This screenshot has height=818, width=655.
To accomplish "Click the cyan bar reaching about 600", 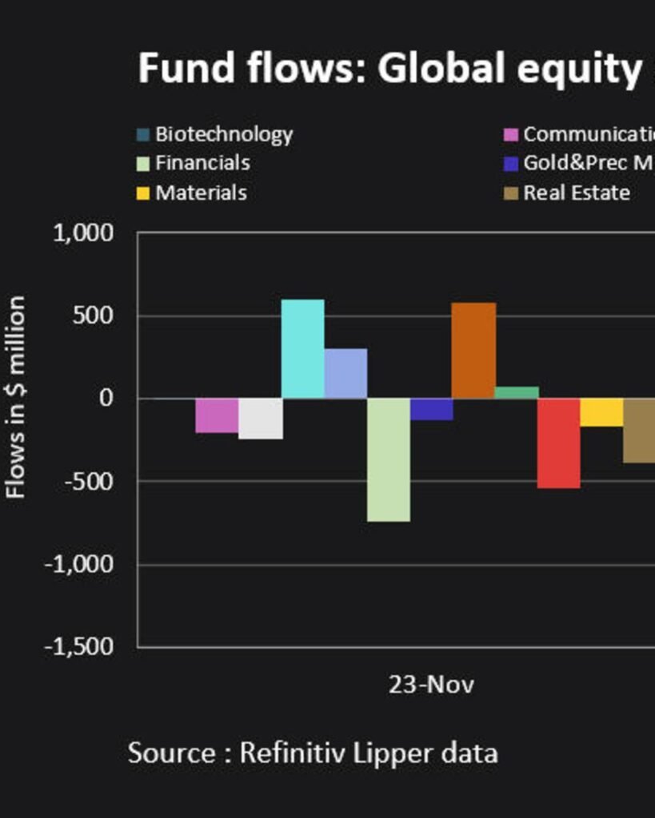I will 302,349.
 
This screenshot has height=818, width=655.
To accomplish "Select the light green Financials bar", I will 389,459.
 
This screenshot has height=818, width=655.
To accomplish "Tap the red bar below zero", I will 558,443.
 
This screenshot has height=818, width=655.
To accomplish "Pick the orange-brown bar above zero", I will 473,351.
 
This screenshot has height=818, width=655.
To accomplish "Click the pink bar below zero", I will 217,415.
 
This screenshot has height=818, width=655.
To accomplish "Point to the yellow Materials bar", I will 601,412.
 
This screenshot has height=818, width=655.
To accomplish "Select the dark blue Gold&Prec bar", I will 431,409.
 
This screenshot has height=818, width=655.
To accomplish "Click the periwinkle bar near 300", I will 345,373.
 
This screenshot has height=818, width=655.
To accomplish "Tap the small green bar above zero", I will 517,392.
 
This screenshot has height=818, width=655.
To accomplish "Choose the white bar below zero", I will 260,419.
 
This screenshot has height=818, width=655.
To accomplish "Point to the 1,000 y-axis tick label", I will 82,233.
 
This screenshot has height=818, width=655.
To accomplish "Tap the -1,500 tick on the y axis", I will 78,646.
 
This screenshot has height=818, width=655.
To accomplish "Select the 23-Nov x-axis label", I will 431,685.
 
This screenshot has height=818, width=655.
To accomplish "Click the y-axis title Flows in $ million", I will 17,397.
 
